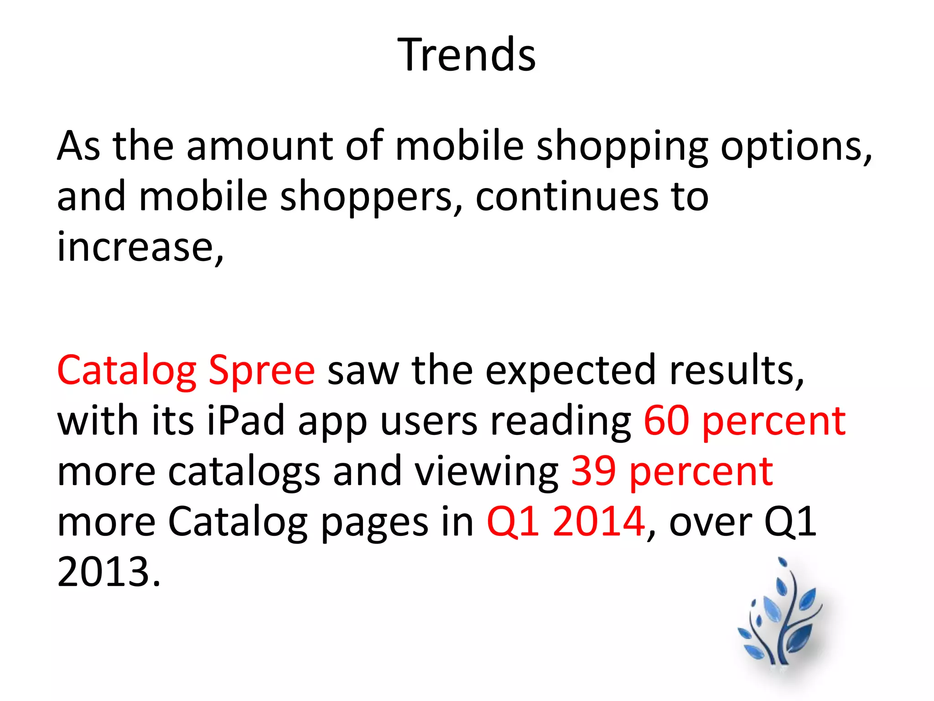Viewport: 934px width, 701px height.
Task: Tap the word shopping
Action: [x=622, y=147]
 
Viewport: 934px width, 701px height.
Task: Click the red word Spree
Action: [x=261, y=371]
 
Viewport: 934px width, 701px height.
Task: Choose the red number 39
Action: [x=593, y=471]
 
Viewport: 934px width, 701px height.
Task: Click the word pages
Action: [x=374, y=522]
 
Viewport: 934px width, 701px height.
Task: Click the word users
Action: [x=429, y=421]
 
